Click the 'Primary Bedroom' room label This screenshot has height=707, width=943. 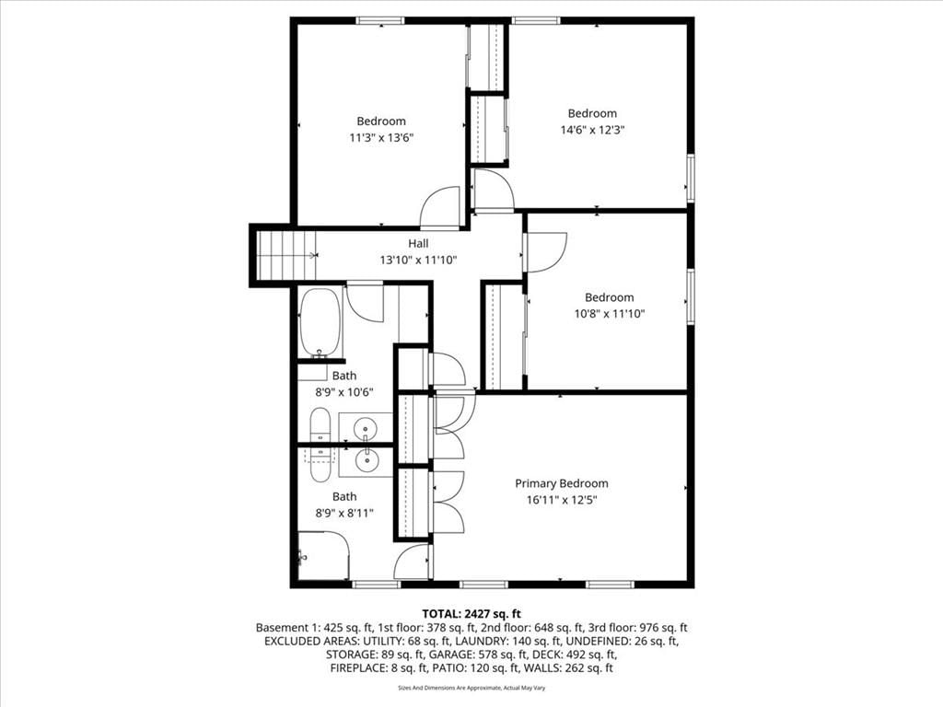pos(561,483)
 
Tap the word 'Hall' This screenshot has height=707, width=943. pos(419,243)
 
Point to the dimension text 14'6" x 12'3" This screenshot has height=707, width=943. pos(592,130)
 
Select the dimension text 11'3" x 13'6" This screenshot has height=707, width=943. pos(381,138)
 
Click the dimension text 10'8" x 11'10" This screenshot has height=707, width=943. pos(610,313)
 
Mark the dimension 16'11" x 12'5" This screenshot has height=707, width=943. pos(562,500)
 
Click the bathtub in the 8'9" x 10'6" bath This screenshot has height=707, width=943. pos(320,323)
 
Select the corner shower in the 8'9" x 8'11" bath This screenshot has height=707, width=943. pos(323,556)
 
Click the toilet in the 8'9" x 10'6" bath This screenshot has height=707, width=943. pos(320,424)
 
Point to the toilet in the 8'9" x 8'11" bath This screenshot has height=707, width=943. pos(320,464)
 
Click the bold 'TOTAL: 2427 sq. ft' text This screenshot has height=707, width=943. pos(471,614)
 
